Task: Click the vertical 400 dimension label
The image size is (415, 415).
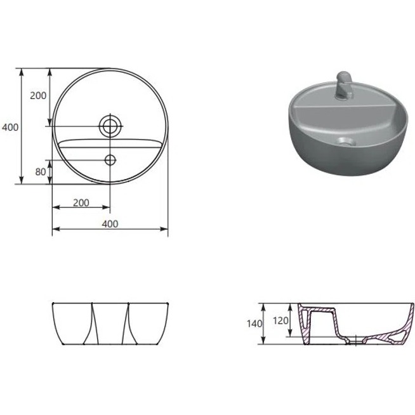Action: (10, 128)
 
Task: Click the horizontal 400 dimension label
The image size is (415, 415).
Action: (110, 224)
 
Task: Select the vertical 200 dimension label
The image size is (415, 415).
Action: (38, 96)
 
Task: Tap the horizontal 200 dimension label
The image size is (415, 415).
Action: (81, 202)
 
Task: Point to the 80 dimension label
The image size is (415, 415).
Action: (41, 172)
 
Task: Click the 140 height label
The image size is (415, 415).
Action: (254, 324)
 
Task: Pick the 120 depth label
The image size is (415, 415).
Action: (280, 321)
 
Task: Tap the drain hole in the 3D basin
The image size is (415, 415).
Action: (346, 142)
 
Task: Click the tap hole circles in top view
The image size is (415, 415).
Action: (99, 126)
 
